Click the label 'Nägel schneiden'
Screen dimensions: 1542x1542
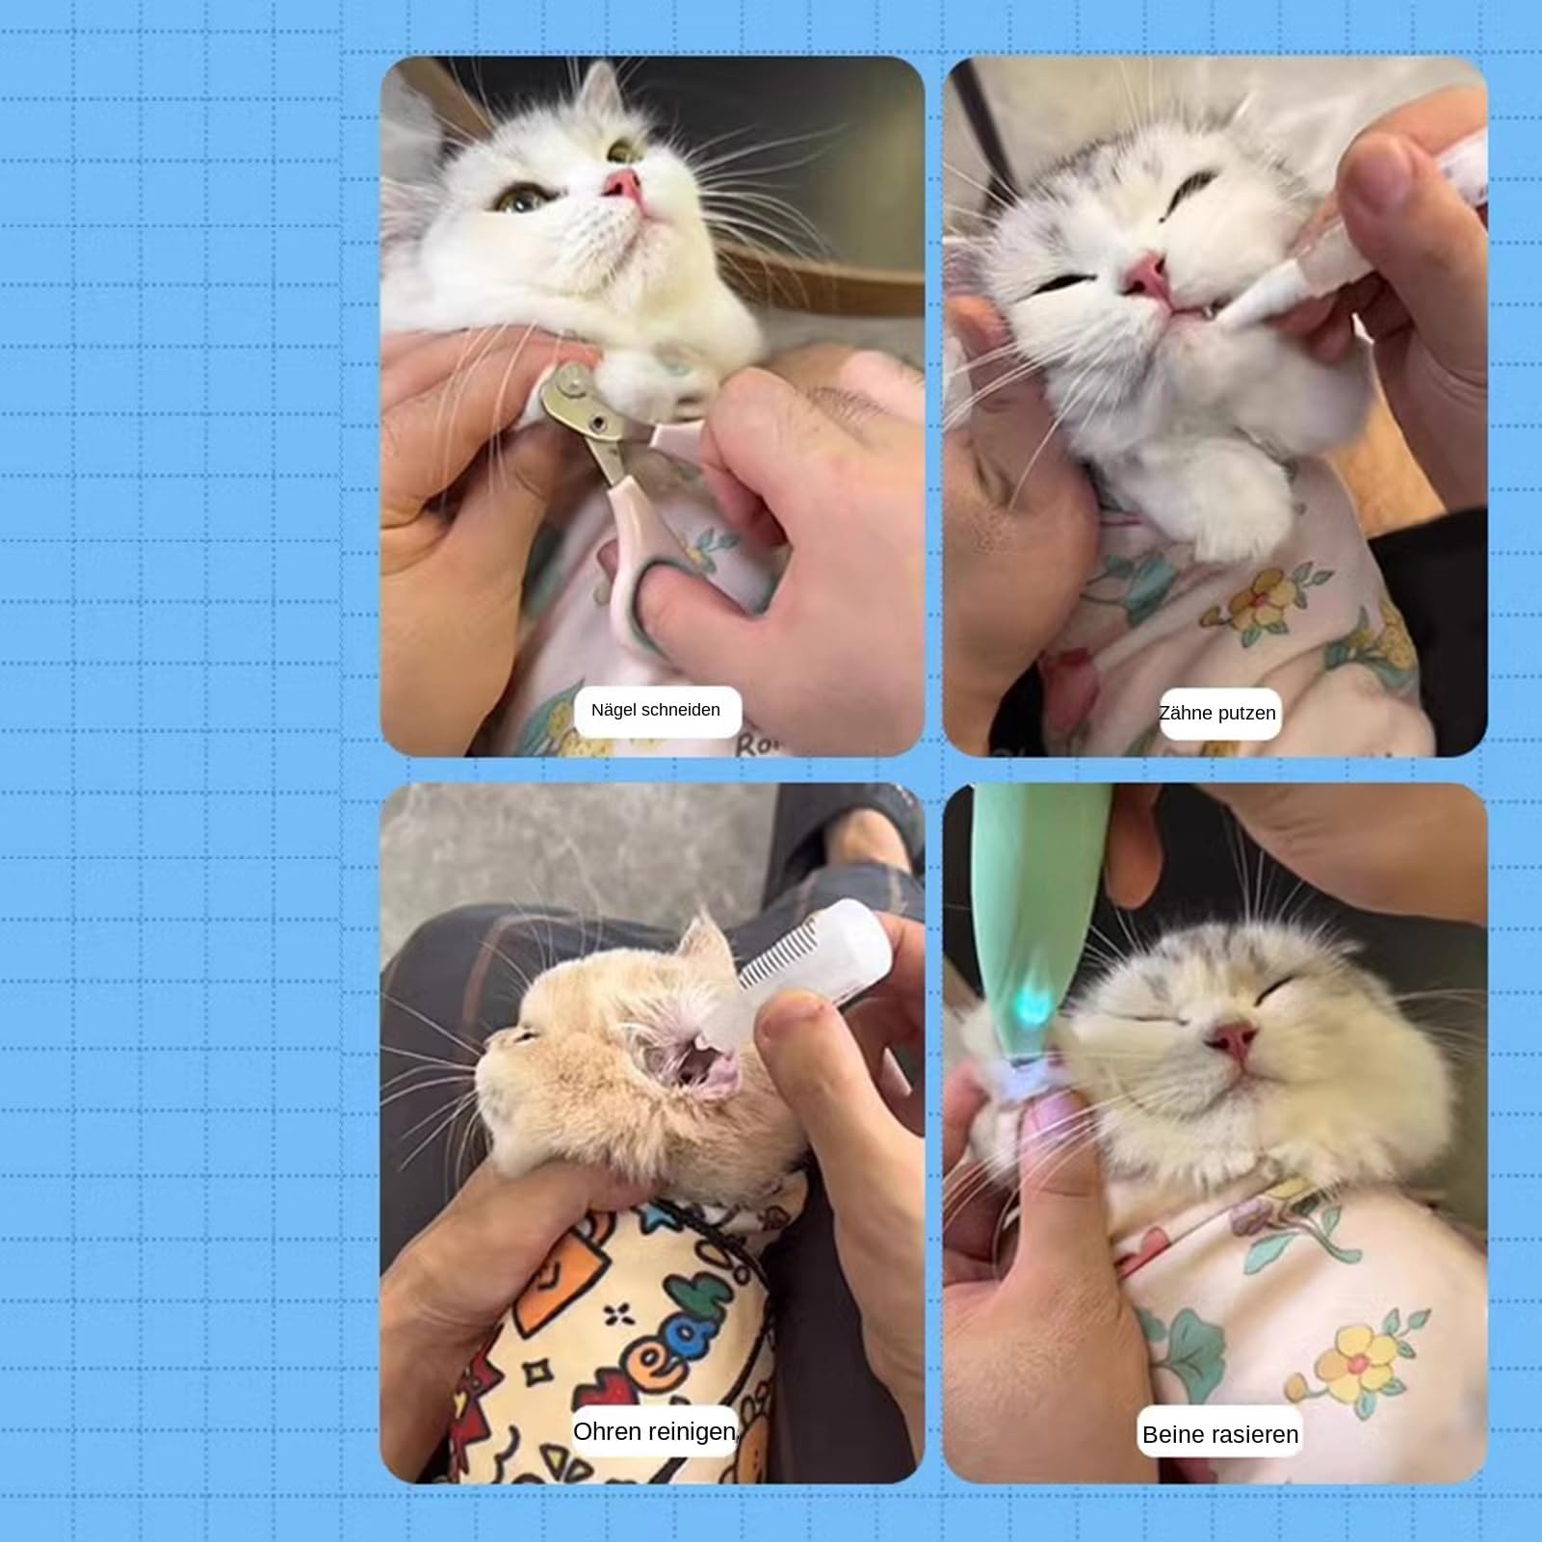[656, 711]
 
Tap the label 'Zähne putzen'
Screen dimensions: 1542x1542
[1217, 714]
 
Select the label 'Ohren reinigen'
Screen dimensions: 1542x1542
[655, 1432]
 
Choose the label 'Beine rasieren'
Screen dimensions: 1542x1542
[1220, 1435]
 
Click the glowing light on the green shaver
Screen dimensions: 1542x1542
[1036, 1007]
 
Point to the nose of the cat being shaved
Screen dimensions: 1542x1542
[1236, 1038]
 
